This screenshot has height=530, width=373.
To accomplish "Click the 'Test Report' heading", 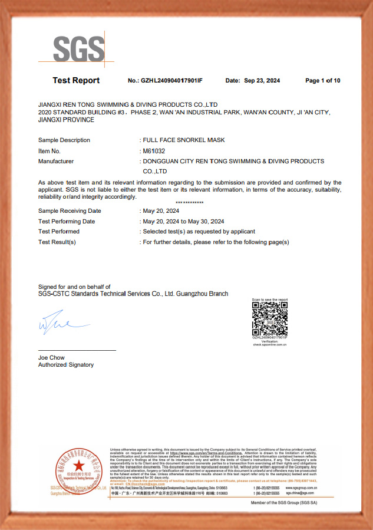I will pos(76,81).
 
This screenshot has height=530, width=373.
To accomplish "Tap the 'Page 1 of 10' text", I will pos(322,81).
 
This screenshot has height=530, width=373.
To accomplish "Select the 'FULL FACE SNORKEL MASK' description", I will pos(184,140).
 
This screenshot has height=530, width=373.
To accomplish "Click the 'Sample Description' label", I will pos(64,140).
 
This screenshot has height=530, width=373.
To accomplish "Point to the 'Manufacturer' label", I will pos(56,161).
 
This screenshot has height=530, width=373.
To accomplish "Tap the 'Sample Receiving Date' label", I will pos(70,210).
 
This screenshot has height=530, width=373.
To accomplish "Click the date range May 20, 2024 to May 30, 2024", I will pos(183,221).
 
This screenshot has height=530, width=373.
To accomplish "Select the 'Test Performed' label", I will pos(59,232).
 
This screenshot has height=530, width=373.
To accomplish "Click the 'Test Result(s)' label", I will pos(57,242).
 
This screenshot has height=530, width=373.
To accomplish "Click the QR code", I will pos(270,319).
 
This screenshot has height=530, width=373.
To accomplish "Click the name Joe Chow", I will pos(51,358).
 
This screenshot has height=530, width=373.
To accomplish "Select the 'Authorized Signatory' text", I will pos(66,365).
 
